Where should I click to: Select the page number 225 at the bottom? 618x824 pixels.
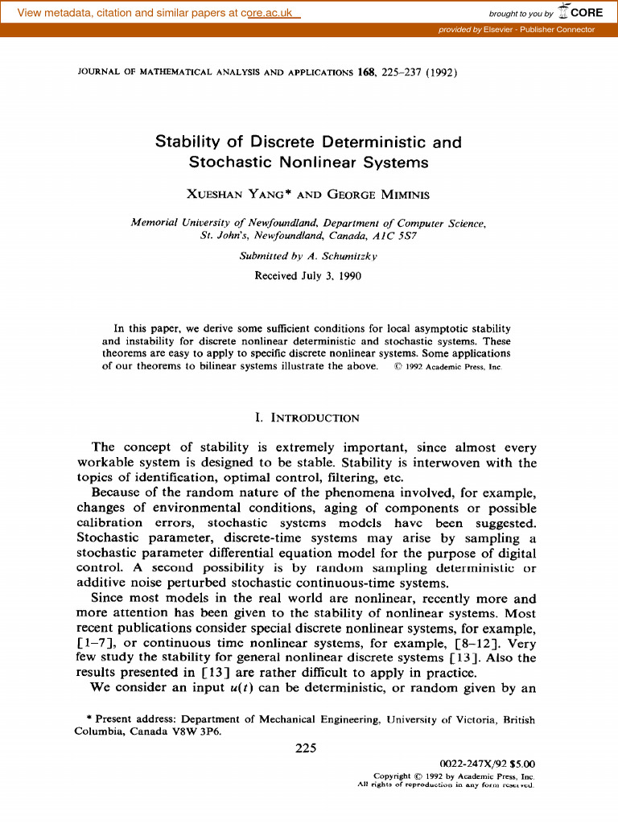[306, 748]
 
